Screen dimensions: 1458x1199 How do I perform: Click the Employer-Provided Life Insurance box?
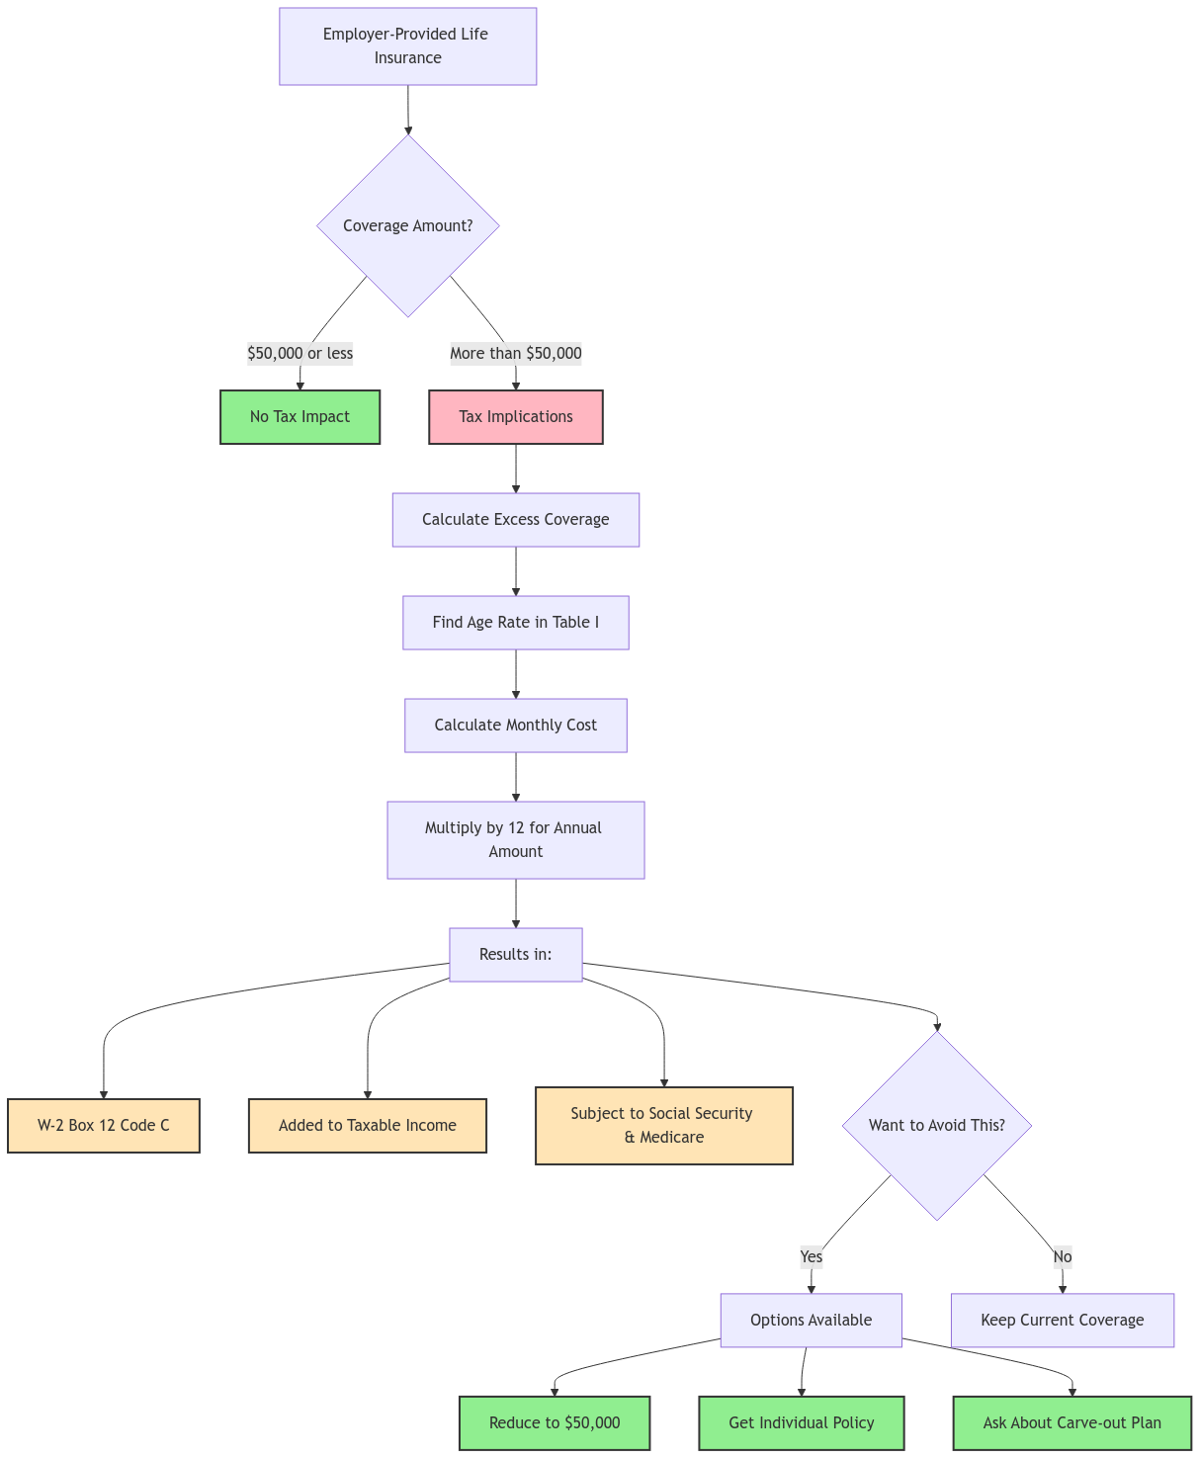click(407, 46)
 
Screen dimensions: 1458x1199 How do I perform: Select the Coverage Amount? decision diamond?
click(407, 225)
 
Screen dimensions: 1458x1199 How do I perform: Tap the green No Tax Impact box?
click(300, 417)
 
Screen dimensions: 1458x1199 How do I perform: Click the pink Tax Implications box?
click(515, 417)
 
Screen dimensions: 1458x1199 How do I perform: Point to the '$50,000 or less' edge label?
click(300, 353)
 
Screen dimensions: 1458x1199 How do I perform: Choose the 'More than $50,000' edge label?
click(515, 353)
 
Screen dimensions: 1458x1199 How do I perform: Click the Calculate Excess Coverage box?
click(515, 520)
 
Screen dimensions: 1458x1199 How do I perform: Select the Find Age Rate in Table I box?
click(515, 623)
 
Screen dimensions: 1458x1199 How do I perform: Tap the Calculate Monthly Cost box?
click(515, 726)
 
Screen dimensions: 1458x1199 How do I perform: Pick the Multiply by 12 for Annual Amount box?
click(515, 840)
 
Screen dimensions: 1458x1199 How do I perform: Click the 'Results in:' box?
click(515, 955)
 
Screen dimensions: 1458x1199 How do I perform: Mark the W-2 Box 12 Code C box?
click(104, 1126)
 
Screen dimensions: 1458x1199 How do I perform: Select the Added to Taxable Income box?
click(367, 1126)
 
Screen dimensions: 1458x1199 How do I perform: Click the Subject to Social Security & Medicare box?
click(663, 1126)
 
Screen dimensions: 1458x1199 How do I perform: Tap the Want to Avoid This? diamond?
click(936, 1126)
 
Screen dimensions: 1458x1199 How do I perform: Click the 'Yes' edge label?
click(811, 1256)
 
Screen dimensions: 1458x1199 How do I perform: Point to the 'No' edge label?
click(1062, 1256)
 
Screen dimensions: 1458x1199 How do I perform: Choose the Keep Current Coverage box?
click(1062, 1321)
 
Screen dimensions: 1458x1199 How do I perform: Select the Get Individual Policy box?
click(801, 1423)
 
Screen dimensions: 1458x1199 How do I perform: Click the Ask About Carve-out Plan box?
click(1071, 1423)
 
